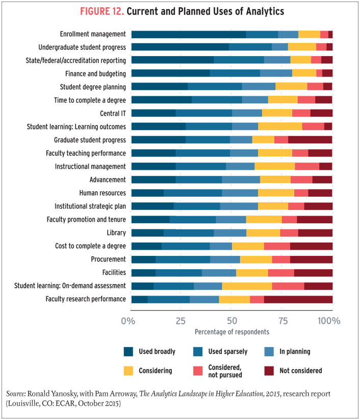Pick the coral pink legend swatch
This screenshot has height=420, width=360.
click(x=193, y=371)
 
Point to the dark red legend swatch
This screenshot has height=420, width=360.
click(x=266, y=372)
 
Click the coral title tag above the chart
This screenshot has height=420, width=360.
click(x=97, y=14)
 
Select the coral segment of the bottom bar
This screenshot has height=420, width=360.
click(x=256, y=300)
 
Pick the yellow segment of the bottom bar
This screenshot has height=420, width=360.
click(x=234, y=300)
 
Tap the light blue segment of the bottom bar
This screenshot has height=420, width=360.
click(x=204, y=300)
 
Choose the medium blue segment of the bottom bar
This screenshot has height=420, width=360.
click(x=168, y=300)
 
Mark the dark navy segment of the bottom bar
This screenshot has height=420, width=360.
click(x=138, y=300)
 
